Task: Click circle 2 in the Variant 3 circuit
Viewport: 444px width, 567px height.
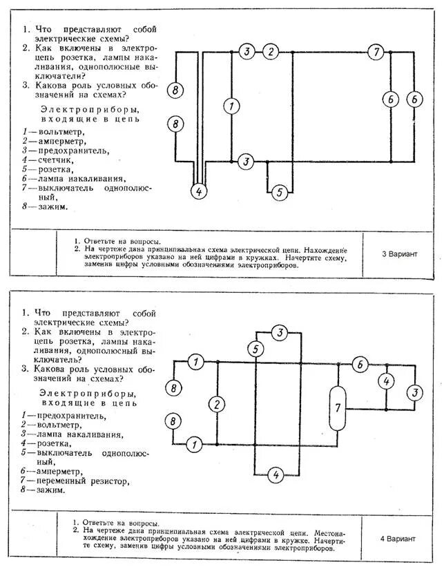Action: tap(271, 52)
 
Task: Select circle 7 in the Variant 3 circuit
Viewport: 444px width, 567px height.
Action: tap(375, 52)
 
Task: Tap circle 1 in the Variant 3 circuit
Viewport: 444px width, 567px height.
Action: tap(232, 106)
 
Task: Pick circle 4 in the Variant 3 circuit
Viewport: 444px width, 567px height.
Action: tap(199, 192)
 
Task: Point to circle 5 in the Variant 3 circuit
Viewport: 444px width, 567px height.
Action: tap(279, 193)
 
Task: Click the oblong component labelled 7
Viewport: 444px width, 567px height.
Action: tap(338, 407)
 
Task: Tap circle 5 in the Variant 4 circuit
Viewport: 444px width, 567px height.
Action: tap(256, 349)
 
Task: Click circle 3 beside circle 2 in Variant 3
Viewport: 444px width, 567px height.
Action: tap(247, 52)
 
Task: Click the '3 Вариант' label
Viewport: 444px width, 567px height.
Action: tap(400, 253)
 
